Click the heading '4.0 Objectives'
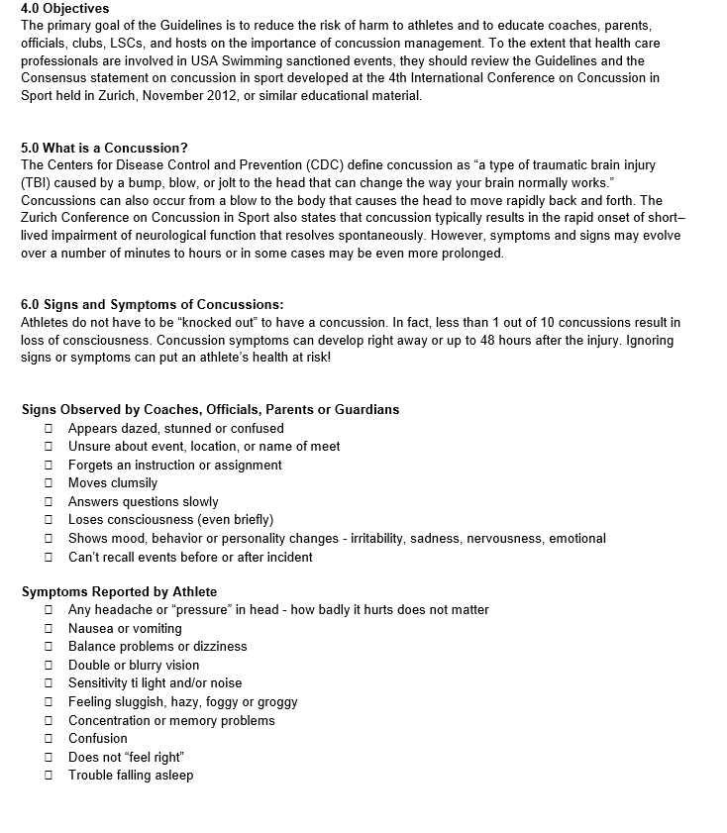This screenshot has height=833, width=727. pos(65,9)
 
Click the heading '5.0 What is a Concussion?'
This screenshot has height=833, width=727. pos(104,148)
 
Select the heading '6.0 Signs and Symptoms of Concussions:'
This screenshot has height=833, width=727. pos(152,304)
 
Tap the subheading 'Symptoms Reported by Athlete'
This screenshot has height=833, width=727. pos(119,592)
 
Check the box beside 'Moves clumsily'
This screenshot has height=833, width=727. pos(48,483)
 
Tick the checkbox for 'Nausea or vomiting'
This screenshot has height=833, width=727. pos(48,629)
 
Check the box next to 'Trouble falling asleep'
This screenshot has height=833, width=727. pos(48,776)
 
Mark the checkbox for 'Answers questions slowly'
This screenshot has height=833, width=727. pos(48,502)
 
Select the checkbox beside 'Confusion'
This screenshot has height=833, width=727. pos(48,739)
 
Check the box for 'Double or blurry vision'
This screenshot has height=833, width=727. pos(48,666)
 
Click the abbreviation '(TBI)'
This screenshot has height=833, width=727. pos(38,183)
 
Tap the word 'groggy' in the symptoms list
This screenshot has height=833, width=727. pos(277,702)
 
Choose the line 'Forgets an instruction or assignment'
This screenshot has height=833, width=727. pos(160,466)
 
